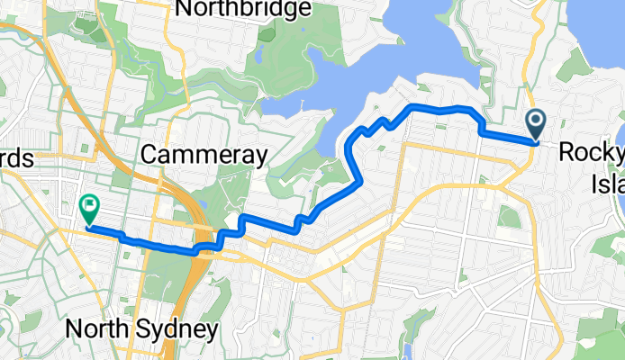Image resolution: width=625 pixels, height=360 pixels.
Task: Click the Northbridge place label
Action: pyautogui.click(x=243, y=10)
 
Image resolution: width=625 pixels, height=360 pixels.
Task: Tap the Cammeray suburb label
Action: pyautogui.click(x=204, y=156)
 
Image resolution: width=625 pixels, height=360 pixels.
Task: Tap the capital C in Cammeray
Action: pyautogui.click(x=149, y=156)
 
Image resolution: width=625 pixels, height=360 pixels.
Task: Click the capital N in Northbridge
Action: pyautogui.click(x=186, y=10)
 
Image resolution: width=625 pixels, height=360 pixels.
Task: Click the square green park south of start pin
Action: pyautogui.click(x=510, y=217)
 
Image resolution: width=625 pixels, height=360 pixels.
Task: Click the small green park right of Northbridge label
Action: pyautogui.click(x=267, y=34)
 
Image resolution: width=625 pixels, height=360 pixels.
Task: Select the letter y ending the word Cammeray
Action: pyautogui.click(x=259, y=158)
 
